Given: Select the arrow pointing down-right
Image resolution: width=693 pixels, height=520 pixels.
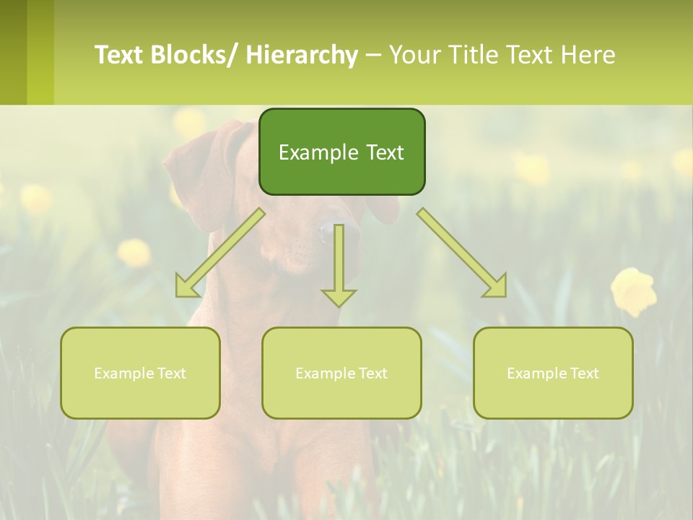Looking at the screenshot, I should (463, 253).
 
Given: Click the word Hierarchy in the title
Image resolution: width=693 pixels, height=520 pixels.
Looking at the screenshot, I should (302, 55).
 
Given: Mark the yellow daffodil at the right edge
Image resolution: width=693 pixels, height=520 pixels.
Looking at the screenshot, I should (633, 290).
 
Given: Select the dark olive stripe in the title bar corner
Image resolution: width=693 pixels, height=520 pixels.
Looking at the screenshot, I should (13, 52).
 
